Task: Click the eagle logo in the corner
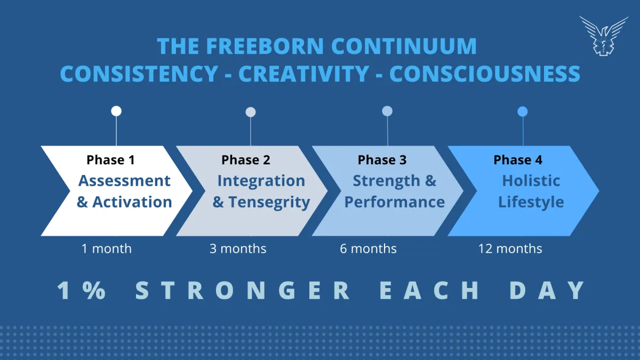pyautogui.click(x=604, y=36)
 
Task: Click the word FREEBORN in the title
pyautogui.click(x=265, y=46)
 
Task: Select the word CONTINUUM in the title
pyautogui.click(x=404, y=46)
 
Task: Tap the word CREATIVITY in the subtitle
pyautogui.click(x=303, y=74)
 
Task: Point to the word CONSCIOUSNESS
pyautogui.click(x=485, y=74)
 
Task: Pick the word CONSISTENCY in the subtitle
pyautogui.click(x=139, y=74)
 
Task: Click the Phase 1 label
pyautogui.click(x=110, y=159)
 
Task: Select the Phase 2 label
pyautogui.click(x=246, y=159)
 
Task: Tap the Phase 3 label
pyautogui.click(x=382, y=159)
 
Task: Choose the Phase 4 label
pyautogui.click(x=518, y=159)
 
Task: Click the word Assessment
pyautogui.click(x=124, y=181)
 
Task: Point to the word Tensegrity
pyautogui.click(x=269, y=203)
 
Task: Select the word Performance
pyautogui.click(x=395, y=202)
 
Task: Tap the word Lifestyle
pyautogui.click(x=531, y=203)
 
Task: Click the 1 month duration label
pyautogui.click(x=107, y=249)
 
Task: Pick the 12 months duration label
pyautogui.click(x=510, y=249)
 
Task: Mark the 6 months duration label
pyautogui.click(x=368, y=249)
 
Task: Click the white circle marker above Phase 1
pyautogui.click(x=116, y=111)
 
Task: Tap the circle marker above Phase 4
pyautogui.click(x=523, y=111)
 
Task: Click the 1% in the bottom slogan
pyautogui.click(x=82, y=290)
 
